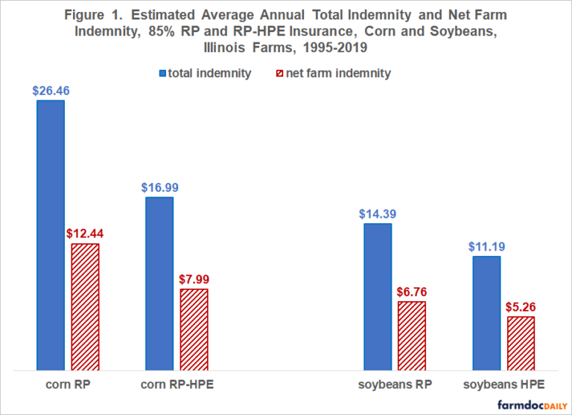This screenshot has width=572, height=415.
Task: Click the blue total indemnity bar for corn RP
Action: tap(51, 234)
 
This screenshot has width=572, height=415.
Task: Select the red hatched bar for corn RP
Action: tap(85, 306)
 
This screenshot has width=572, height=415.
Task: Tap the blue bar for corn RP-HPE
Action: tap(159, 283)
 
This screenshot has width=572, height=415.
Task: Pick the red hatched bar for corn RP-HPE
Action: tap(194, 329)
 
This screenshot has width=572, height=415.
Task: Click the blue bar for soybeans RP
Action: tap(378, 295)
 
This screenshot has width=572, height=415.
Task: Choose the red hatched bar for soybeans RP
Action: tap(412, 335)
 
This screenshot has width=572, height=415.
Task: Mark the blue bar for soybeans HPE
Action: tap(486, 312)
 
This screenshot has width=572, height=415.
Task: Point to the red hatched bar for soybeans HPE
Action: tap(521, 342)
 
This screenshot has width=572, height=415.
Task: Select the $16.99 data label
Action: tap(159, 187)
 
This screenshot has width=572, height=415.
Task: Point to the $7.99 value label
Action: tap(194, 280)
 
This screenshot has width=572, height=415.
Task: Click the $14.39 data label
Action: tap(378, 213)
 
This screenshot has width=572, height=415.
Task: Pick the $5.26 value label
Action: tap(521, 306)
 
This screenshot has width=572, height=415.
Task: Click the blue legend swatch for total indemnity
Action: tap(163, 73)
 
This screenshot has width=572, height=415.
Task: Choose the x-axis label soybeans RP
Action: tap(394, 385)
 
